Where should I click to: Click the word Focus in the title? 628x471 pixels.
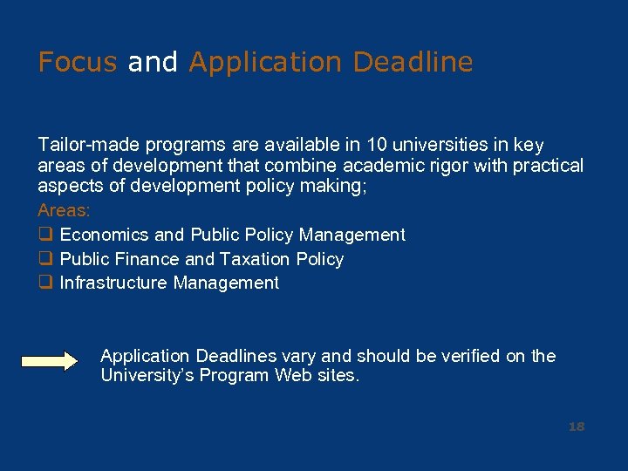(77, 63)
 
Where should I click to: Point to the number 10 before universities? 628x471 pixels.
(376, 145)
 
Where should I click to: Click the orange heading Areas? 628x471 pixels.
(64, 211)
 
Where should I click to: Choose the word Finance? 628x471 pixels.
(150, 259)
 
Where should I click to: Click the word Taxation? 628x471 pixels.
(255, 259)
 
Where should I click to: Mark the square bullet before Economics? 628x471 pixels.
(44, 235)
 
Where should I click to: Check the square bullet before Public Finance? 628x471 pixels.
(44, 259)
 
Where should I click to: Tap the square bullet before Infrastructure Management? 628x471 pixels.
(44, 283)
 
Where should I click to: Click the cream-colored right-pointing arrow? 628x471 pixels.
(50, 362)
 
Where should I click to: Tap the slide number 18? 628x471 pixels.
(576, 427)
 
